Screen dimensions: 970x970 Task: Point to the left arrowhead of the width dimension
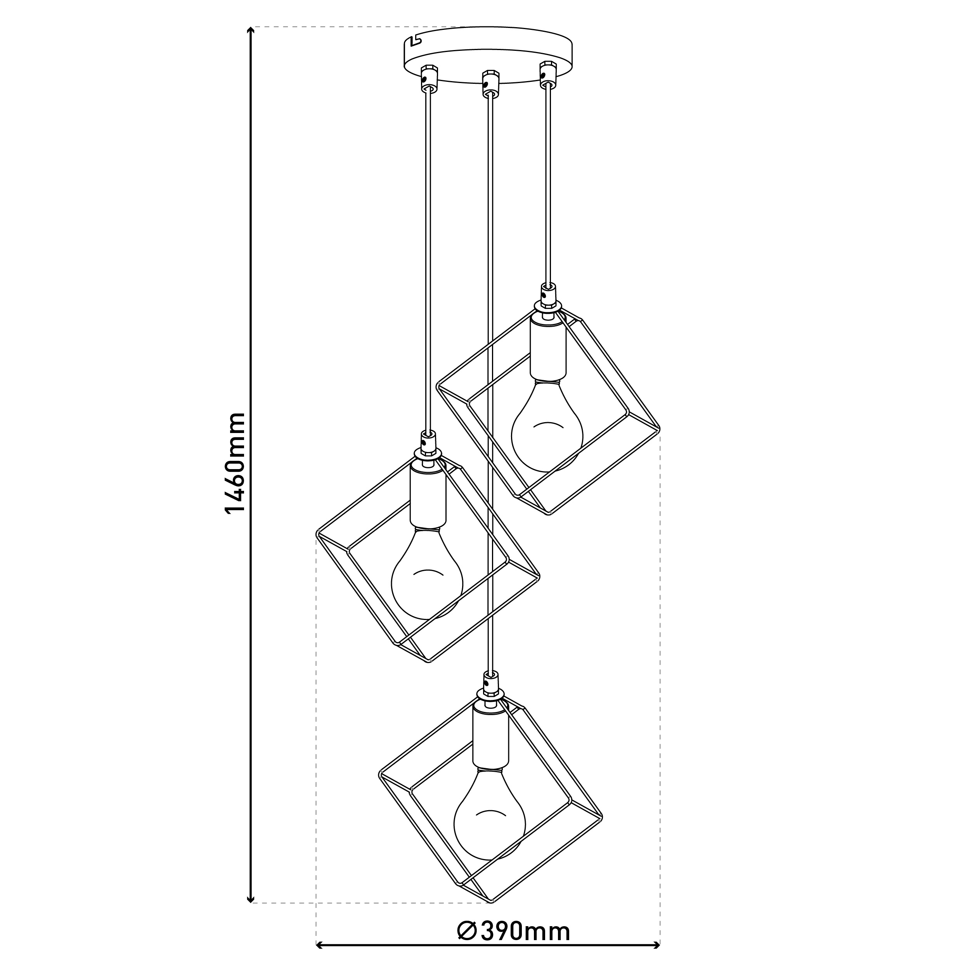tap(321, 944)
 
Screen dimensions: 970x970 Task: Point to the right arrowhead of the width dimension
tap(654, 944)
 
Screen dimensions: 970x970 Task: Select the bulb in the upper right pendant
tap(547, 427)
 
